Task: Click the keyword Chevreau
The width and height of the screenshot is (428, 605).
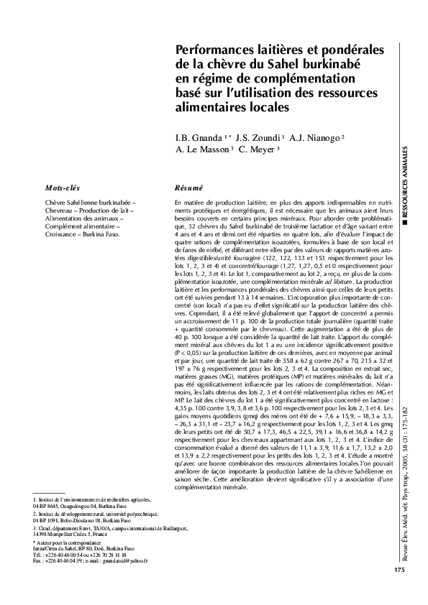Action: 60,211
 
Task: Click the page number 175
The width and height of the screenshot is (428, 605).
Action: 399,570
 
